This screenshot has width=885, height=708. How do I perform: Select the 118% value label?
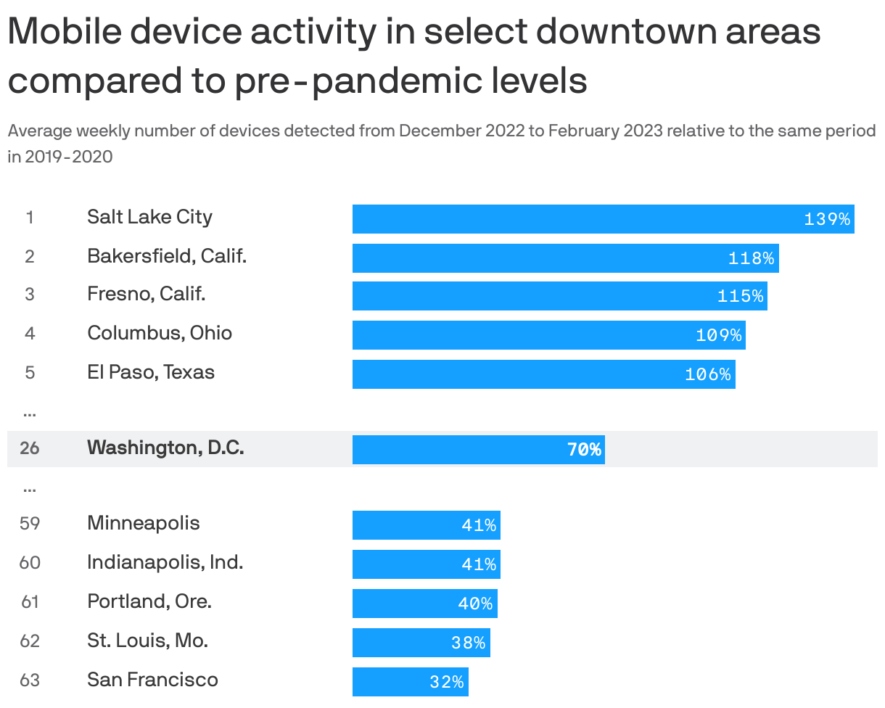751,258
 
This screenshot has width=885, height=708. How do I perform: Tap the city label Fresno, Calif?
147,295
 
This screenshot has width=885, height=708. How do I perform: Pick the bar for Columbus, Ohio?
522,335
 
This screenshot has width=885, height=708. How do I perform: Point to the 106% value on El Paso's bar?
707,374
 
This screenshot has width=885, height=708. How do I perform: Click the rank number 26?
30,448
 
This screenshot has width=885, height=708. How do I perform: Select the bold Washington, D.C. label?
165,448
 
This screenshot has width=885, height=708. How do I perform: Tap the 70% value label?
584,450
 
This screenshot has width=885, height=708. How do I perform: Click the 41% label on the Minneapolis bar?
479,525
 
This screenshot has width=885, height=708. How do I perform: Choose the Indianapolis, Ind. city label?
165,562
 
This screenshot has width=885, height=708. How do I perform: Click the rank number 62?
30,641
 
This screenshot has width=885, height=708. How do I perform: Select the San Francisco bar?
392,682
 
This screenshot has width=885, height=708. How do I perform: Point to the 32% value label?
446,682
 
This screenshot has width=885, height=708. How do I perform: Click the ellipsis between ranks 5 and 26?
30,413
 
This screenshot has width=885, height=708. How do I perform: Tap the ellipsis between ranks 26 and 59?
30,489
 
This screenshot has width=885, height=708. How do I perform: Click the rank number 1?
30,218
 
